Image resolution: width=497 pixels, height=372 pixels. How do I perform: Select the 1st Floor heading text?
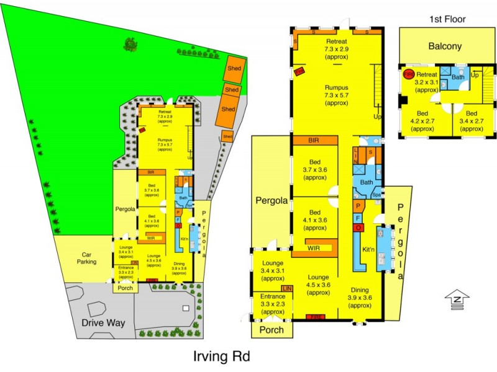coord(447,19)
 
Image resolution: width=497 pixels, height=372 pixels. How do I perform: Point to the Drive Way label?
coord(104,322)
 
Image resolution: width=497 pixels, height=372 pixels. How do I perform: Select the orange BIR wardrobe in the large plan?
coord(315,141)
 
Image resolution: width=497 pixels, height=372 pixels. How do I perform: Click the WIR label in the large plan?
coord(314,248)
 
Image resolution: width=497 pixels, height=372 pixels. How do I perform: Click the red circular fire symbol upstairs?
coord(408,75)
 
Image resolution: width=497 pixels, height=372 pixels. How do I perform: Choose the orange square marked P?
coord(358,206)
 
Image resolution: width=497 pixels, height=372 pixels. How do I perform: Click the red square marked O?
coord(358,228)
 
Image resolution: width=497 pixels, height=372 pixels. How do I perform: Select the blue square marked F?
coord(358,218)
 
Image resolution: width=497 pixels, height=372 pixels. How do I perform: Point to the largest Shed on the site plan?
coord(229,108)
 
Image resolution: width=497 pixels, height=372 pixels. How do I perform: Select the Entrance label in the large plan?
coord(274,304)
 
